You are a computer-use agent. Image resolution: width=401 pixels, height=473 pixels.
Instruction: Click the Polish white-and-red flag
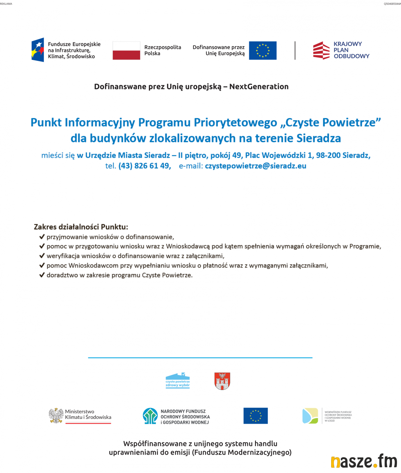click(x=126, y=50)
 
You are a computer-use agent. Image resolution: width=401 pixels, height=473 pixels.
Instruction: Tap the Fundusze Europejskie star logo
click(x=38, y=50)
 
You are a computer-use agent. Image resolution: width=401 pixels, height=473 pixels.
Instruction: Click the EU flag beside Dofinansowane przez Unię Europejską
click(x=263, y=50)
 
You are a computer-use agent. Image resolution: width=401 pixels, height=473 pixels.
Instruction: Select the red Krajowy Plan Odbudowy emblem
click(x=321, y=50)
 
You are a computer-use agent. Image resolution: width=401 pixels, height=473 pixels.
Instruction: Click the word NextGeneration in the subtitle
click(x=259, y=87)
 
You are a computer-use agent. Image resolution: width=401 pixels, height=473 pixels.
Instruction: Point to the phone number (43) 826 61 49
click(x=145, y=166)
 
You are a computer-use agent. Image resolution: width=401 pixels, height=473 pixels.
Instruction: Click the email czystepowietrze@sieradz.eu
click(x=255, y=166)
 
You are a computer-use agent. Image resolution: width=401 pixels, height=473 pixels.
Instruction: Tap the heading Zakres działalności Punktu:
click(x=81, y=227)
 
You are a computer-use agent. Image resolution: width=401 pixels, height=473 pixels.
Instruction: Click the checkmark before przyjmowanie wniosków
click(x=42, y=237)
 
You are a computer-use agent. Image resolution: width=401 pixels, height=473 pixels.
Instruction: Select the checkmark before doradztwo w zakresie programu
click(x=42, y=275)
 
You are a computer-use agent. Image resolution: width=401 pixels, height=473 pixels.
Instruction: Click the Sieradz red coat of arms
click(x=222, y=381)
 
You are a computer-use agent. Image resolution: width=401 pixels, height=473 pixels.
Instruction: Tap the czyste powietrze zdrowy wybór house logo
click(x=178, y=380)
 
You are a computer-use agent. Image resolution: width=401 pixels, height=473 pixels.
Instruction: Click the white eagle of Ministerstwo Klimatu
click(x=56, y=416)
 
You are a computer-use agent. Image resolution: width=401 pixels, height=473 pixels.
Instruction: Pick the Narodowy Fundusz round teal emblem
click(x=150, y=416)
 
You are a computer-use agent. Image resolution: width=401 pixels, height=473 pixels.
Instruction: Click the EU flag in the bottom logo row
click(x=255, y=416)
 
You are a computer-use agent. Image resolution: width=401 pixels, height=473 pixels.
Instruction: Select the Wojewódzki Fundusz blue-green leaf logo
click(x=310, y=416)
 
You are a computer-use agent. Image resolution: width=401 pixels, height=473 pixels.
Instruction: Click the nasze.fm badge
click(x=364, y=461)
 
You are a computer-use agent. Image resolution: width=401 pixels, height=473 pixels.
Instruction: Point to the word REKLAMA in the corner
click(x=6, y=4)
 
